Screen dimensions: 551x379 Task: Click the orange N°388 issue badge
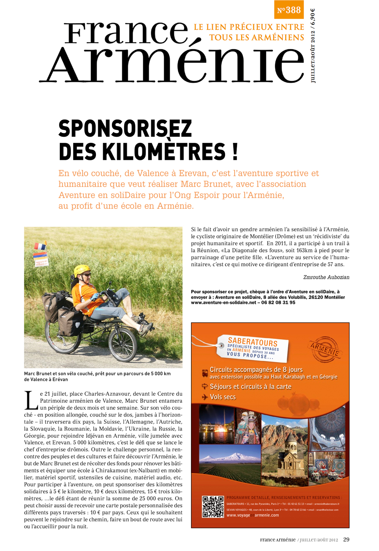289,10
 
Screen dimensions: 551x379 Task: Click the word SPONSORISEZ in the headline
125,129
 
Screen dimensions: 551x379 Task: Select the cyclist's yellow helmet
82,270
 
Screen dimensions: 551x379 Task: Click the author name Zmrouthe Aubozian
326,277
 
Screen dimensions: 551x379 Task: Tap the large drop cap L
31,401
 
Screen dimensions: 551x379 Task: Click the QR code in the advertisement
213,507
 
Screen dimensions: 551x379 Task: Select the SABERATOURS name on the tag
252,341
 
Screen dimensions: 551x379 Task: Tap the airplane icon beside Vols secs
205,397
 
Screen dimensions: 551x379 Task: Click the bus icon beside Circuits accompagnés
205,373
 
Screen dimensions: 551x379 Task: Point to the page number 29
346,540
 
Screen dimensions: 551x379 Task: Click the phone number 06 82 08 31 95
278,303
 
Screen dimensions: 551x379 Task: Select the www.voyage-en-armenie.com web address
252,515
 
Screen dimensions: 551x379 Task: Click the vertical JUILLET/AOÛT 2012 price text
313,45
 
